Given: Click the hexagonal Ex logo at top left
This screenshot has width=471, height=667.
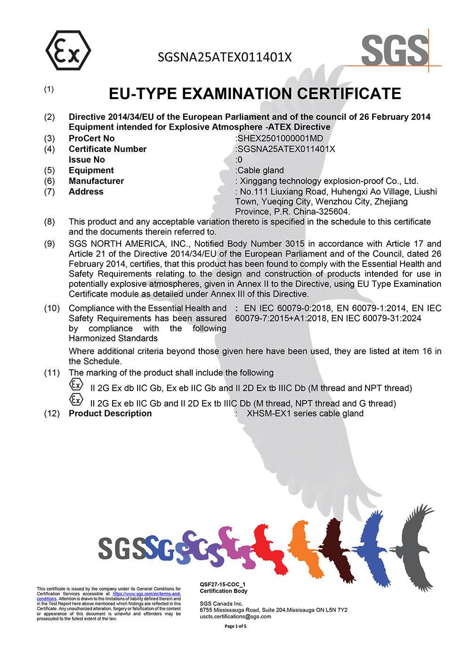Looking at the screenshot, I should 68,51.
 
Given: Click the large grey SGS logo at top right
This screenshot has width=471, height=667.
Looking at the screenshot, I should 395,50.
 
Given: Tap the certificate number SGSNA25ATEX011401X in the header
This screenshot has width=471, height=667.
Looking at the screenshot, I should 225,58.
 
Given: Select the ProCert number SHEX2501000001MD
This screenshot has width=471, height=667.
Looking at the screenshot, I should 280,139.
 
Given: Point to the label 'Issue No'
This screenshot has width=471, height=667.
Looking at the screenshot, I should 87,160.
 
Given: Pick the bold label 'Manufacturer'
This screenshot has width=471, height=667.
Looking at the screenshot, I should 96,181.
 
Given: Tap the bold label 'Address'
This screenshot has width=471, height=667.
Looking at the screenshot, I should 86,192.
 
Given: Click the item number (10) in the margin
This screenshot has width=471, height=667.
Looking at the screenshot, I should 52,308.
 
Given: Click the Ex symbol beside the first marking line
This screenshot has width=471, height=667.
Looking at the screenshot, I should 76,384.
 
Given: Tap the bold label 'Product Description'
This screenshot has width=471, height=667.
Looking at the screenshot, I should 110,414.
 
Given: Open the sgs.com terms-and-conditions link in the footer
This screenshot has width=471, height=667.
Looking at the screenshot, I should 146,594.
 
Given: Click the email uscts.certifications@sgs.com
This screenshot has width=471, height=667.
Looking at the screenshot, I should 235,617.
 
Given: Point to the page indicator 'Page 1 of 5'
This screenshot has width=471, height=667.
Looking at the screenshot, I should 235,626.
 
